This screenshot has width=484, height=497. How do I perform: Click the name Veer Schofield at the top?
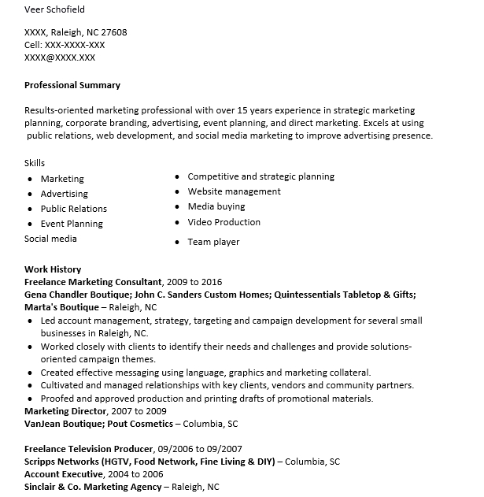(x=54, y=9)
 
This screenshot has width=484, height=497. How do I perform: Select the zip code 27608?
(x=113, y=32)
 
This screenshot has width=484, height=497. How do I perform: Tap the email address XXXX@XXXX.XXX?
(x=60, y=57)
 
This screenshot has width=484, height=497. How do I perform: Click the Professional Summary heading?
(x=72, y=85)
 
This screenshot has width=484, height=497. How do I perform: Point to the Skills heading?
(x=35, y=162)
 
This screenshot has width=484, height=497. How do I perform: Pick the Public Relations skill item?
(x=74, y=209)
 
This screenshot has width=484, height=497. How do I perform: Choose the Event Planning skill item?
(x=72, y=224)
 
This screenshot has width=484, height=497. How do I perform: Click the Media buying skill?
(x=216, y=206)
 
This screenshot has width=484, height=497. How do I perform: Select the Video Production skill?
(x=224, y=222)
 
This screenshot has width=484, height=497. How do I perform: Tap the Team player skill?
(x=213, y=242)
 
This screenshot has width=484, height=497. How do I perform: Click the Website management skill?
(x=234, y=191)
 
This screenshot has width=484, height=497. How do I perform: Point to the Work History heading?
(x=53, y=269)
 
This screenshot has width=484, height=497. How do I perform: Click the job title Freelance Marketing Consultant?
(x=94, y=281)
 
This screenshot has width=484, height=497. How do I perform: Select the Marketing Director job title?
(x=65, y=411)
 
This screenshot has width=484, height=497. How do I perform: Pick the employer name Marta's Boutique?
(x=61, y=307)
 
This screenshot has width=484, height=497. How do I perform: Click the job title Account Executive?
(x=64, y=474)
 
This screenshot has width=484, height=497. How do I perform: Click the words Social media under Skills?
(x=50, y=238)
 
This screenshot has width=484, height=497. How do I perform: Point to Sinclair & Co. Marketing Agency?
(x=92, y=488)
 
